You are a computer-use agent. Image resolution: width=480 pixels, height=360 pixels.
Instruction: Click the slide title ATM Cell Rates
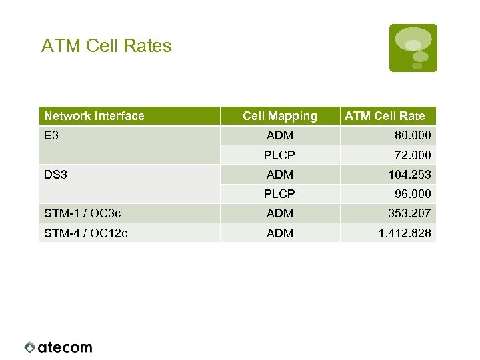pyautogui.click(x=106, y=46)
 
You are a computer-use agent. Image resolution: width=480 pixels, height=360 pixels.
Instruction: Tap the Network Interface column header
pyautogui.click(x=94, y=116)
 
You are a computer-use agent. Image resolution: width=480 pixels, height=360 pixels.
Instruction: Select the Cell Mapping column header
pyautogui.click(x=280, y=116)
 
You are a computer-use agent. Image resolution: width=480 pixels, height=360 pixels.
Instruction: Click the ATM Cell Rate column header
pyautogui.click(x=385, y=116)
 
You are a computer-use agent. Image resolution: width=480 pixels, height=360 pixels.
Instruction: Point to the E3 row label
pyautogui.click(x=51, y=135)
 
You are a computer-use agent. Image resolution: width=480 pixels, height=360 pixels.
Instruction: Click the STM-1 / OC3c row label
pyautogui.click(x=82, y=213)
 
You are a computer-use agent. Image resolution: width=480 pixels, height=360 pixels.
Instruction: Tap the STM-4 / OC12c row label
pyautogui.click(x=85, y=233)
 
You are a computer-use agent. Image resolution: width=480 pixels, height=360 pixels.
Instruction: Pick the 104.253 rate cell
pyautogui.click(x=409, y=174)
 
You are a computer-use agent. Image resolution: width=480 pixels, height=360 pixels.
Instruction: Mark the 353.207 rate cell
pyautogui.click(x=409, y=213)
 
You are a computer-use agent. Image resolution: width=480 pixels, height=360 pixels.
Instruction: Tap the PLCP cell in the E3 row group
pyautogui.click(x=280, y=155)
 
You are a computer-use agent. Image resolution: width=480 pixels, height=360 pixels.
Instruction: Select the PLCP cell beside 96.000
pyautogui.click(x=280, y=194)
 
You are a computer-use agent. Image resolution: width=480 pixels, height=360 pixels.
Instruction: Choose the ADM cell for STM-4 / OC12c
pyautogui.click(x=280, y=233)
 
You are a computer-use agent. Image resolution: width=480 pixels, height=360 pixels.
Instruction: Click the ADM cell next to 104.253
pyautogui.click(x=280, y=174)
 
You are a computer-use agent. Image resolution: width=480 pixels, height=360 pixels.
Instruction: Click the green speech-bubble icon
pyautogui.click(x=413, y=47)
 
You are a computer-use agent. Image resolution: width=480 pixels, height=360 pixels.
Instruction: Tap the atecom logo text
pyautogui.click(x=65, y=347)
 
